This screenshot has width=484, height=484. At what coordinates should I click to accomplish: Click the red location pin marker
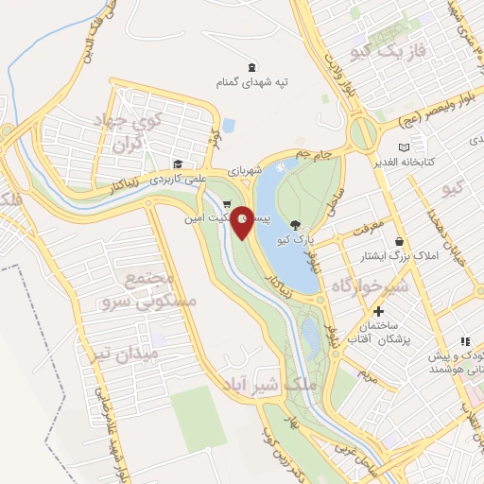pos(243,222)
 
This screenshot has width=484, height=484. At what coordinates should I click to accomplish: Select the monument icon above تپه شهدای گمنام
pos(251,66)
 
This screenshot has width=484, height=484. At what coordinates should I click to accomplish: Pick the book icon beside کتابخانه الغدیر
pos(405,147)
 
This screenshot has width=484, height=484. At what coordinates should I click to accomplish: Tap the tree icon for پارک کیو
pos(296,225)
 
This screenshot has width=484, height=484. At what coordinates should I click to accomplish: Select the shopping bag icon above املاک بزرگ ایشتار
pos(401,242)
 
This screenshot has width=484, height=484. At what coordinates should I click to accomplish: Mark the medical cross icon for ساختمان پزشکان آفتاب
pos(378,312)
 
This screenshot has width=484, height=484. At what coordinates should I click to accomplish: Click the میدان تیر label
pos(137,354)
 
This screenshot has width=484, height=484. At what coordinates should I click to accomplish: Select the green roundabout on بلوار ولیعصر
pos(361,131)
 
